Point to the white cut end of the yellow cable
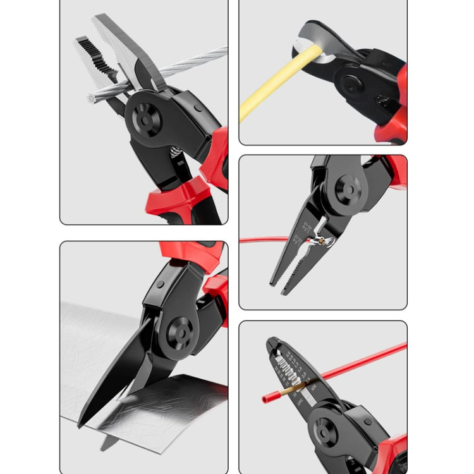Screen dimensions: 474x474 [x=319, y=44]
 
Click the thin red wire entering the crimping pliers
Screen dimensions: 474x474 [x=265, y=240]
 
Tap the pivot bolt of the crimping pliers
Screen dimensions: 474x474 [x=347, y=189]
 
